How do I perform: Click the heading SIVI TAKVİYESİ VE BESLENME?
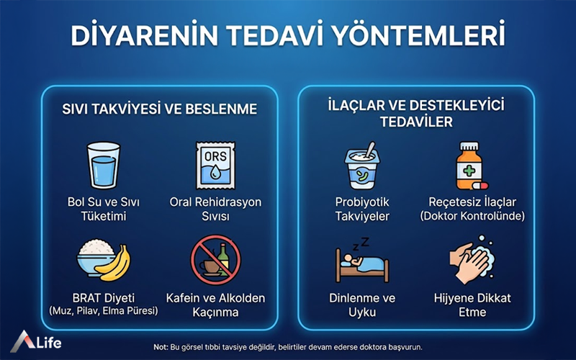[x=158, y=110]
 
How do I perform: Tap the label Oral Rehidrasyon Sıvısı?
[x=215, y=210]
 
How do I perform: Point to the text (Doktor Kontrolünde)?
[x=472, y=216]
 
